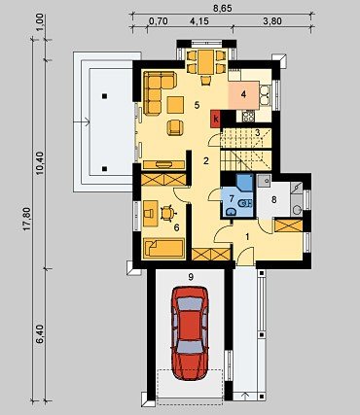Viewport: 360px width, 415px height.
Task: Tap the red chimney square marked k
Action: (216, 119)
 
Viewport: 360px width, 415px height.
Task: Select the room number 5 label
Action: (197, 105)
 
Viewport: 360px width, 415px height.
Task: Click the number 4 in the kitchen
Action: (243, 94)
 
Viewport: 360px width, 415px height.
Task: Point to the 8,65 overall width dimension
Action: (222, 9)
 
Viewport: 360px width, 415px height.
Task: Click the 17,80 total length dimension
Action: (27, 219)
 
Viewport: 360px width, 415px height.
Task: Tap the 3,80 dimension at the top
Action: (272, 21)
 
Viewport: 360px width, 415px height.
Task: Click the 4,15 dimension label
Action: (199, 21)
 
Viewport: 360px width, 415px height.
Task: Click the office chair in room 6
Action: (167, 213)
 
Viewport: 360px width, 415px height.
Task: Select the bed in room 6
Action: (163, 248)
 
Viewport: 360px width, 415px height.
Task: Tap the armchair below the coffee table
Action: (175, 127)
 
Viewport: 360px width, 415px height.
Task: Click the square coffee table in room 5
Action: (175, 105)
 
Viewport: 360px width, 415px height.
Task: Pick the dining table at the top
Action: (205, 62)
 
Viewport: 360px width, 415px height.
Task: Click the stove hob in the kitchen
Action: (248, 117)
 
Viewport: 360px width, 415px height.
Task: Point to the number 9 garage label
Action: (191, 277)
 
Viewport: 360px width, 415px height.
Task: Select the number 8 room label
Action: (274, 200)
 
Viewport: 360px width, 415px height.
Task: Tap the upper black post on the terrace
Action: (104, 96)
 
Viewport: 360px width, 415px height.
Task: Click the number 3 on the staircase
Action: (257, 132)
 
